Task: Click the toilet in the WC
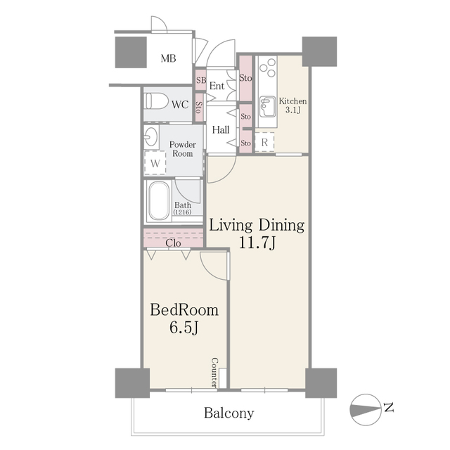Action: click(156, 101)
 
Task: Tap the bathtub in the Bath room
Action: click(157, 201)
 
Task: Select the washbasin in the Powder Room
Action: click(151, 136)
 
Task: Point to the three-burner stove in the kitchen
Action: click(267, 67)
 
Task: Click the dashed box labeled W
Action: click(155, 162)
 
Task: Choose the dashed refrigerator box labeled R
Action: click(264, 142)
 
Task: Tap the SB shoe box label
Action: click(201, 80)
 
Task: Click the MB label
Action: click(168, 58)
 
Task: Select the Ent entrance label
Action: click(217, 86)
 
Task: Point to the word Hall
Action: click(221, 130)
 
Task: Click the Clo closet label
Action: click(173, 243)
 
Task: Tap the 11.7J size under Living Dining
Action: click(257, 243)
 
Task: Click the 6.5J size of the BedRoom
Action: click(184, 327)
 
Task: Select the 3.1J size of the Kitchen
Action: click(292, 110)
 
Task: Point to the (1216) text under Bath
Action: click(182, 212)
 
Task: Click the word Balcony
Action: click(229, 413)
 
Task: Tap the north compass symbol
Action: click(366, 409)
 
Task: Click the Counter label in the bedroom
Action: click(214, 372)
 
